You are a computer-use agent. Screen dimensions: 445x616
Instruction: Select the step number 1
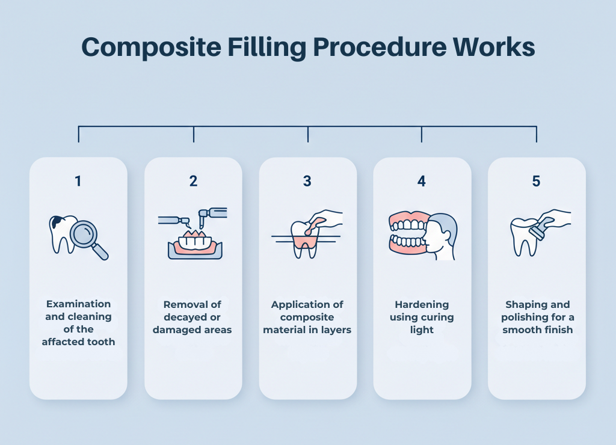point(78,181)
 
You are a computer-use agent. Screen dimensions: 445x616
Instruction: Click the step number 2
point(193,181)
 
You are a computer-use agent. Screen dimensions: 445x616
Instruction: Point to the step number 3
point(307,181)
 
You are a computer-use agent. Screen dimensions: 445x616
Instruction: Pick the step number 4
point(422,181)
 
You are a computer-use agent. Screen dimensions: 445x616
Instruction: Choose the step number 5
point(536,181)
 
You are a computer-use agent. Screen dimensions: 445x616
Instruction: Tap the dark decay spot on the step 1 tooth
point(56,222)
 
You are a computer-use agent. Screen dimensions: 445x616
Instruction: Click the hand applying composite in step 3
point(325,219)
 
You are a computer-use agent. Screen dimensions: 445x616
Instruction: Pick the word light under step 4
point(422,330)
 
